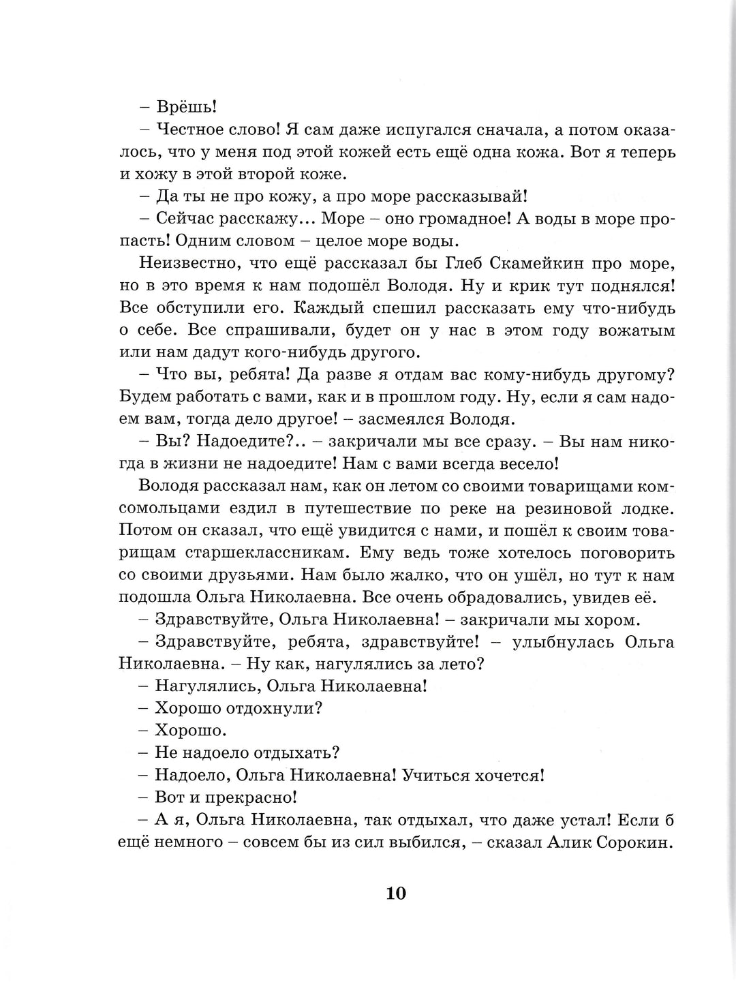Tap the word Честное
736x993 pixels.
pos(193,130)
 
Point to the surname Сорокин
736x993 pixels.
pos(630,842)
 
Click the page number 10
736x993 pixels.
pos(396,893)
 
